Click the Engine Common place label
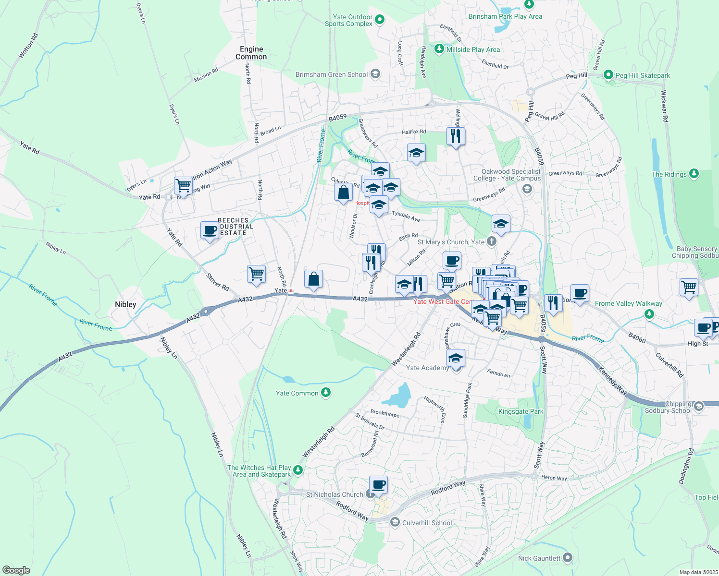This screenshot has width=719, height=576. click(x=251, y=53)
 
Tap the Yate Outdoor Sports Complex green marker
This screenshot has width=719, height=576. click(x=380, y=20)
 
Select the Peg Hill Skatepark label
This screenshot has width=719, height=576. click(x=643, y=75)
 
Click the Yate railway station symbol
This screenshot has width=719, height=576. click(x=291, y=290)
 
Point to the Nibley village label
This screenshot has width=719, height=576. click(x=125, y=304)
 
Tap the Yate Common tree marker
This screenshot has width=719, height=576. click(x=326, y=393)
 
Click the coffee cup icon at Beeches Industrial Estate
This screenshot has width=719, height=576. click(x=210, y=230)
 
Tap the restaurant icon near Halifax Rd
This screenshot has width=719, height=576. click(x=456, y=136)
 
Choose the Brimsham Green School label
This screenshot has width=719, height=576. click(x=332, y=74)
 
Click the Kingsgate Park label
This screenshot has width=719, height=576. click(x=521, y=411)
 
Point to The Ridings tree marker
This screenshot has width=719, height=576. click(x=694, y=174)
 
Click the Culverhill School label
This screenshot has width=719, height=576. click(x=427, y=523)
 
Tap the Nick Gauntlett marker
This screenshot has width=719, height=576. click(x=568, y=558)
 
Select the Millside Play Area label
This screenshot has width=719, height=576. click(x=473, y=49)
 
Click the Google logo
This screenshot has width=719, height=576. click(x=16, y=570)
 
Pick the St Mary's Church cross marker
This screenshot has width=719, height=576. click(x=491, y=241)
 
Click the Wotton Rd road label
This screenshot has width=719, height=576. click(x=28, y=46)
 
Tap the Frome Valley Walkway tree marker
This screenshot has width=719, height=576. click(x=649, y=314)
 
